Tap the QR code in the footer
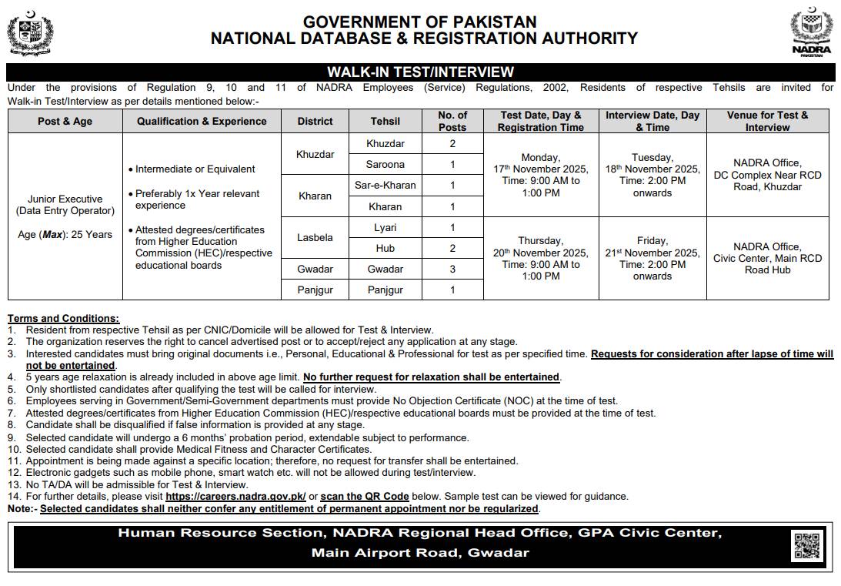pyautogui.click(x=807, y=546)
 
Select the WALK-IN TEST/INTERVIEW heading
pyautogui.click(x=420, y=72)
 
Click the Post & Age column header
pyautogui.click(x=65, y=121)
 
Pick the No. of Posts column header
pyautogui.click(x=452, y=121)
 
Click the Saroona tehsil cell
pyautogui.click(x=385, y=164)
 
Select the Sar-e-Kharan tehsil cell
pyautogui.click(x=385, y=186)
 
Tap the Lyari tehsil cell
pyautogui.click(x=385, y=228)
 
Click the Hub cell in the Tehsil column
pyautogui.click(x=385, y=249)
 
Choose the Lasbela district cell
pyautogui.click(x=315, y=238)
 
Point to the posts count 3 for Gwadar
pyautogui.click(x=452, y=270)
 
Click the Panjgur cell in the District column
pyautogui.click(x=315, y=290)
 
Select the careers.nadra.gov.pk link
pyautogui.click(x=235, y=497)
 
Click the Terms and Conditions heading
pyautogui.click(x=63, y=318)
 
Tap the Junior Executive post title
pyautogui.click(x=65, y=198)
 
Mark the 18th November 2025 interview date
pyautogui.click(x=652, y=169)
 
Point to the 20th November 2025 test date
pyautogui.click(x=540, y=253)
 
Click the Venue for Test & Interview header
pyautogui.click(x=767, y=121)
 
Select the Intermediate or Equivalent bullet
pyautogui.click(x=195, y=169)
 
